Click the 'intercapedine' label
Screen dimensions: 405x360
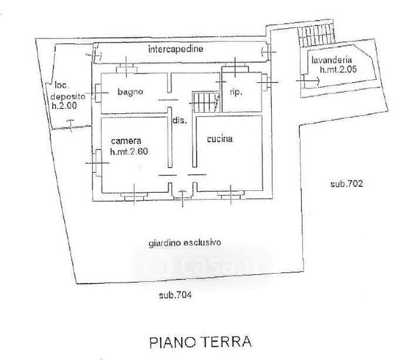pos(176,49)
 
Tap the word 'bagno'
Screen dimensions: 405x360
pos(130,92)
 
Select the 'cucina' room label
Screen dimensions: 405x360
pos(220,139)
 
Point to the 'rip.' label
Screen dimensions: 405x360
pos(236,92)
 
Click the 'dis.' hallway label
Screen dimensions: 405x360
pos(179,120)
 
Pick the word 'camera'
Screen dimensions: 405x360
pos(126,141)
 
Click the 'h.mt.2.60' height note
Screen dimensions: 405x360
pos(129,151)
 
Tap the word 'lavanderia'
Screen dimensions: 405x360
pos(331,60)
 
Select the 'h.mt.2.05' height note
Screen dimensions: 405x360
pos(338,69)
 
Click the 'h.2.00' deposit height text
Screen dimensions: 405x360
pos(65,106)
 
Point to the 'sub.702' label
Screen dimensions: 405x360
pos(346,184)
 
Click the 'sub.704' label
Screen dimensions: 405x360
pos(175,295)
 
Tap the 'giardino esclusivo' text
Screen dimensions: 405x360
pos(185,243)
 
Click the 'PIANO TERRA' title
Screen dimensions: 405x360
pos(200,342)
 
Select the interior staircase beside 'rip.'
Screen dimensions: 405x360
pos(206,102)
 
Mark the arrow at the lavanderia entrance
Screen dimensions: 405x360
pos(308,81)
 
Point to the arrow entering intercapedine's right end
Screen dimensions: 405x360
pos(269,52)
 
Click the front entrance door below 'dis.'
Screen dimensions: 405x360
pos(182,197)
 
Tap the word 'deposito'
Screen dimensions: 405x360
pos(68,97)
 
